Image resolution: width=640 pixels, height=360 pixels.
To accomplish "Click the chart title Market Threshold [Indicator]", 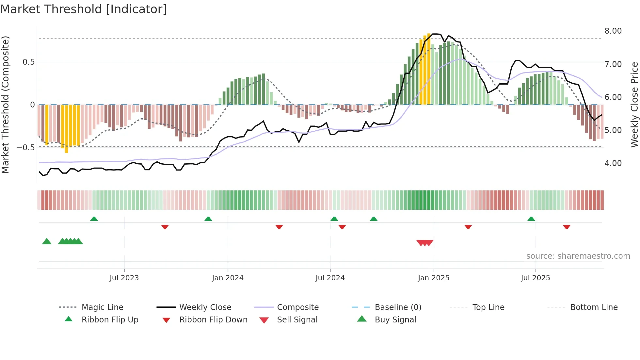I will click(x=84, y=9).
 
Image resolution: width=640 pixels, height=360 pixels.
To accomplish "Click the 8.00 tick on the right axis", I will click(x=613, y=31).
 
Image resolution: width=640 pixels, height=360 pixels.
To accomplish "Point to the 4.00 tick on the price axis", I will click(x=613, y=163).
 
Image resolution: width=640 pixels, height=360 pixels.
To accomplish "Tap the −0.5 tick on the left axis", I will click(x=25, y=148).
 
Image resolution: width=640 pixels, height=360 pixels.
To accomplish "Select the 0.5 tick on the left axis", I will click(x=28, y=62).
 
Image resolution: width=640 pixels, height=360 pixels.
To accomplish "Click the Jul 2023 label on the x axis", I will click(x=124, y=278).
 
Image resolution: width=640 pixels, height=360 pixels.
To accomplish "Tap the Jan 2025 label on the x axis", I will click(x=433, y=278).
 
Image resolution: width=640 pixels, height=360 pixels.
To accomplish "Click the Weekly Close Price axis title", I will click(x=634, y=105).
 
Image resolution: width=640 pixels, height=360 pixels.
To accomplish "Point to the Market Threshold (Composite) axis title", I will click(x=5, y=105).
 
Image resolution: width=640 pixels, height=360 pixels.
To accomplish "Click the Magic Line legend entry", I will click(x=102, y=307).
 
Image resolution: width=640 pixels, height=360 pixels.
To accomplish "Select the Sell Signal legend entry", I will click(x=297, y=320).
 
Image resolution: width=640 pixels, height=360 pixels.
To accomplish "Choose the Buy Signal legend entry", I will click(x=395, y=320).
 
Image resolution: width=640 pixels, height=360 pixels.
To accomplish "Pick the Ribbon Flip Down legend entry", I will click(x=213, y=320).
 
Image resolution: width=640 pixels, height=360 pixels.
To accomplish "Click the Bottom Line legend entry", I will click(x=594, y=307).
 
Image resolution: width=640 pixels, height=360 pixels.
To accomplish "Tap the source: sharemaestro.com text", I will click(x=578, y=256).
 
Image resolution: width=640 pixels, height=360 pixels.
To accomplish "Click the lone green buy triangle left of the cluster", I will click(x=47, y=241).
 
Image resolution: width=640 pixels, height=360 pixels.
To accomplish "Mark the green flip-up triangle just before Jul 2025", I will click(x=531, y=219).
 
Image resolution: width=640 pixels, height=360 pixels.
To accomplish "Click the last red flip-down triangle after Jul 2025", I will click(x=567, y=227).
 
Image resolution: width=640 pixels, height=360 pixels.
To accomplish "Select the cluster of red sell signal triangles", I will click(x=424, y=243).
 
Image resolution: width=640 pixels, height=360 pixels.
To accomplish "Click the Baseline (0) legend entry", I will click(x=398, y=307).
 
